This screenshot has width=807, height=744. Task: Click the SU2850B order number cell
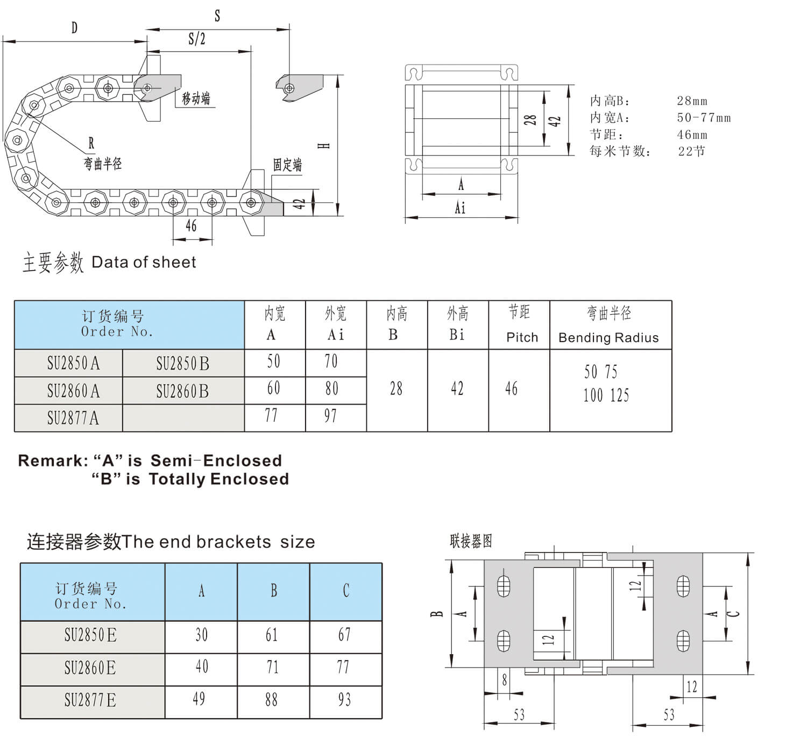[183, 363]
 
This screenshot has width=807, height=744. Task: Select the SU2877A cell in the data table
[73, 417]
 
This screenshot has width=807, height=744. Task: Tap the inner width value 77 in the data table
[272, 415]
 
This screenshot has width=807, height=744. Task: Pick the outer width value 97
[331, 416]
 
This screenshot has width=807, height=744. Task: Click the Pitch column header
[522, 337]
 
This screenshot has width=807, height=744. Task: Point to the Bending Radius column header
[608, 338]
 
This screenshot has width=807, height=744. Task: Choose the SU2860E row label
[90, 668]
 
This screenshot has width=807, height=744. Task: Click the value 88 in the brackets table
[272, 700]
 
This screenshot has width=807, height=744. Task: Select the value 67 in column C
[344, 635]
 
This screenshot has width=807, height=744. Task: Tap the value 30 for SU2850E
[202, 635]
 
